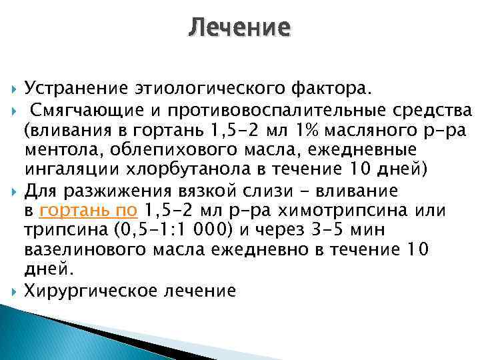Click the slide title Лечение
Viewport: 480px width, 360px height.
pos(239,28)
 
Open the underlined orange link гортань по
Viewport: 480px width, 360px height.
pos(89,211)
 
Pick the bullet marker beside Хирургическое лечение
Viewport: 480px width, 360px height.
pos(15,290)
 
